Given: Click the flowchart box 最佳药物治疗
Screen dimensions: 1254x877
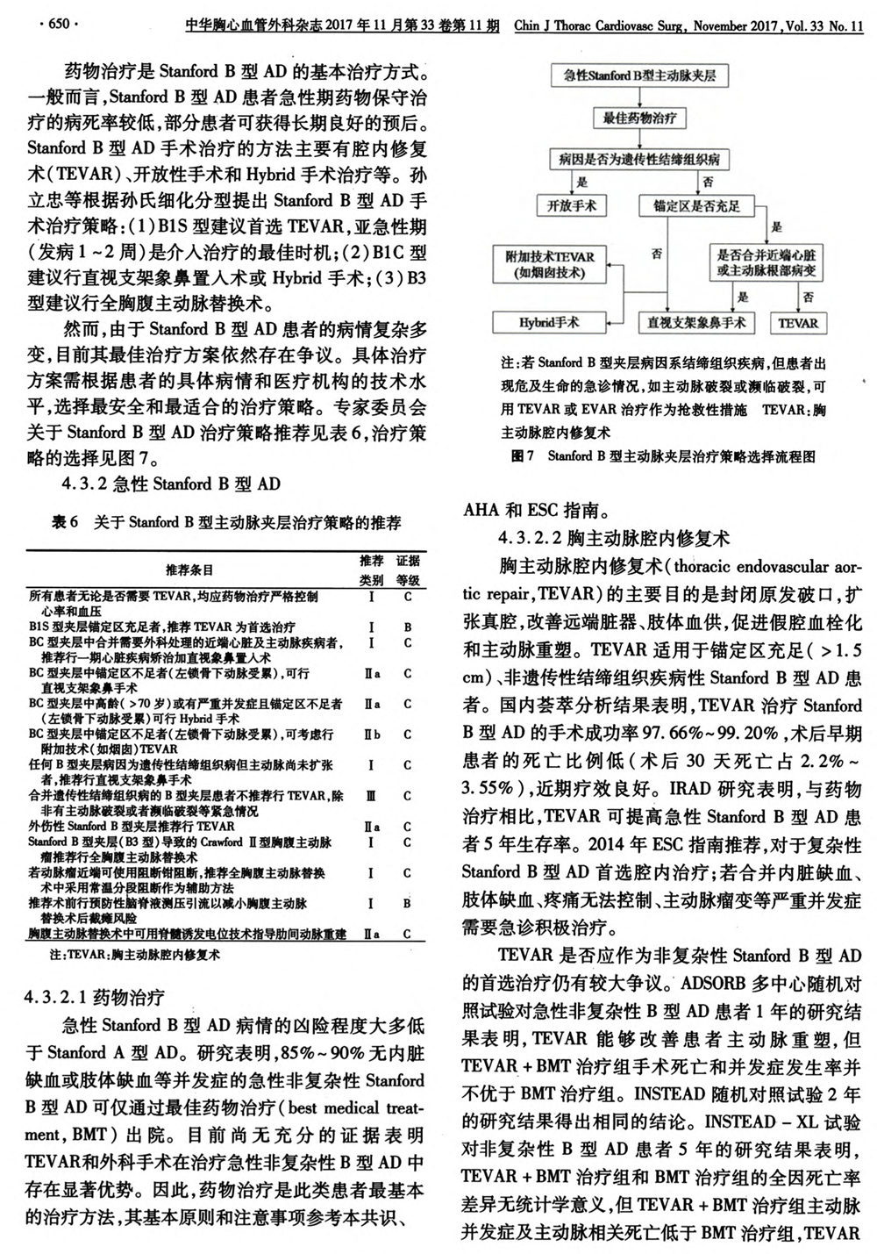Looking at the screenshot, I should (639, 117).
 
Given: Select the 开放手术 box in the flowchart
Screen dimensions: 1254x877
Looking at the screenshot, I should (572, 206).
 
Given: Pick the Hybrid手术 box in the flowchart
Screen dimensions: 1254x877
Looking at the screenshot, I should (548, 323).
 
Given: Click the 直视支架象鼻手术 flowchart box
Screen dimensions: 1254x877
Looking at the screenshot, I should (696, 323).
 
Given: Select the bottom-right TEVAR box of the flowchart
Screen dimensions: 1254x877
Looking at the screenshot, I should (797, 323).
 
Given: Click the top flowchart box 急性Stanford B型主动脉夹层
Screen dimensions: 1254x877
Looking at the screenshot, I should (639, 75).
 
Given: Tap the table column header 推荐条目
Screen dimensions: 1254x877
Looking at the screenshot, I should (189, 570).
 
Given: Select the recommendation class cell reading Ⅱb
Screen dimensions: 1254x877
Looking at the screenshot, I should (372, 734).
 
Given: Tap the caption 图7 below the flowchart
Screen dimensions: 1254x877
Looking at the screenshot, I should (522, 456).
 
